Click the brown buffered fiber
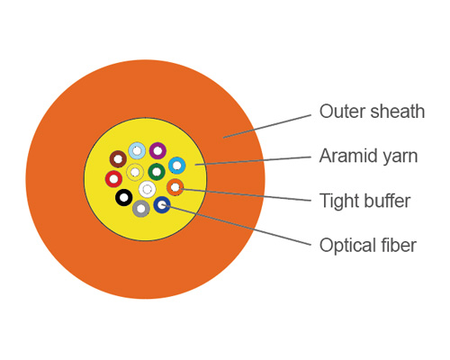pyautogui.click(x=117, y=159)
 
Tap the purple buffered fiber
pyautogui.click(x=157, y=150)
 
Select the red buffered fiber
pyautogui.click(x=113, y=179)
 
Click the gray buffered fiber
pyautogui.click(x=141, y=209)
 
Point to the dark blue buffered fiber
pyautogui.click(x=162, y=205)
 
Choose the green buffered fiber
pyautogui.click(x=157, y=171)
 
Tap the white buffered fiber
pyautogui.click(x=146, y=189)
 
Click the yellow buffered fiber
pyautogui.click(x=135, y=172)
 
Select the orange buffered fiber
pyautogui.click(x=175, y=187)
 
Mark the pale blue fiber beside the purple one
pyautogui.click(x=137, y=150)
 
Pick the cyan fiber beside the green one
pyautogui.click(x=176, y=166)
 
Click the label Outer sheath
pyautogui.click(x=372, y=112)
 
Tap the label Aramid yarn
pyautogui.click(x=368, y=157)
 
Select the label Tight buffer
pyautogui.click(x=364, y=201)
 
